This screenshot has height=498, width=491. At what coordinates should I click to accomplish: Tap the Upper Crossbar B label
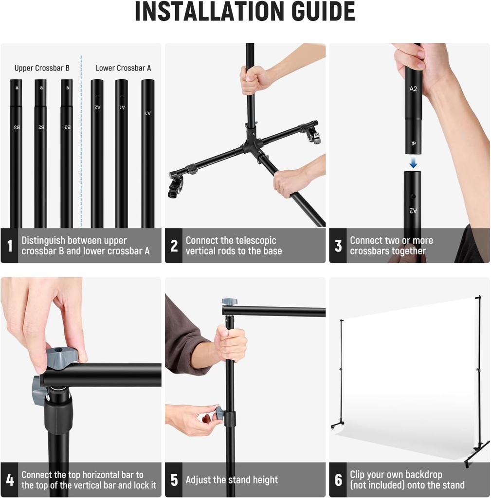42,68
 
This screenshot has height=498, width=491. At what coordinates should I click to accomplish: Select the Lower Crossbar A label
123,68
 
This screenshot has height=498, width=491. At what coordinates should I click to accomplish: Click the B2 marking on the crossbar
41,127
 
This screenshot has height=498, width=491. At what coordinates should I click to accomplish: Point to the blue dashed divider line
81,142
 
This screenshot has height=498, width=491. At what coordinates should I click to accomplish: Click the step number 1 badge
10,246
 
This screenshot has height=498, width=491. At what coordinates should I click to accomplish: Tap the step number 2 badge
174,246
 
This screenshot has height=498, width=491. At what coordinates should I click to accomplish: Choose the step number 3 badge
338,246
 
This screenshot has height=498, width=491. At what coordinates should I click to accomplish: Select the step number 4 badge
10,480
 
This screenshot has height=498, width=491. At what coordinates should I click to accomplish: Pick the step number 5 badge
174,480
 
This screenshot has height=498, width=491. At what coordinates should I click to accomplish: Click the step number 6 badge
338,480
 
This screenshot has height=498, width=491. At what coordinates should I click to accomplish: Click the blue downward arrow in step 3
413,163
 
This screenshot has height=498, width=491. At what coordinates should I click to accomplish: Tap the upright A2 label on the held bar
413,89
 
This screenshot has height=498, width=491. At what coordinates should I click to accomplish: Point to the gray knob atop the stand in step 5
230,302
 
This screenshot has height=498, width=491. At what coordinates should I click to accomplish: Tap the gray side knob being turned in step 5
219,413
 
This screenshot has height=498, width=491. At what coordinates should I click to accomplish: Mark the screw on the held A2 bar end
414,143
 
